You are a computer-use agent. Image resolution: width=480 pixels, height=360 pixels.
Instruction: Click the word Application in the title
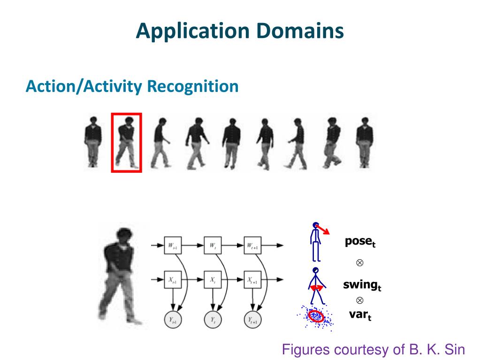pyautogui.click(x=193, y=31)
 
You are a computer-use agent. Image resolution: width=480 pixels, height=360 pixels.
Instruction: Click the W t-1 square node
pyautogui.click(x=173, y=245)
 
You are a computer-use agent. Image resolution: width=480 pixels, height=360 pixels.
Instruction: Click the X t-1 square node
pyautogui.click(x=173, y=280)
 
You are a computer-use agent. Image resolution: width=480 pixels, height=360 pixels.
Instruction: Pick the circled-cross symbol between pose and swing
pyautogui.click(x=360, y=263)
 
